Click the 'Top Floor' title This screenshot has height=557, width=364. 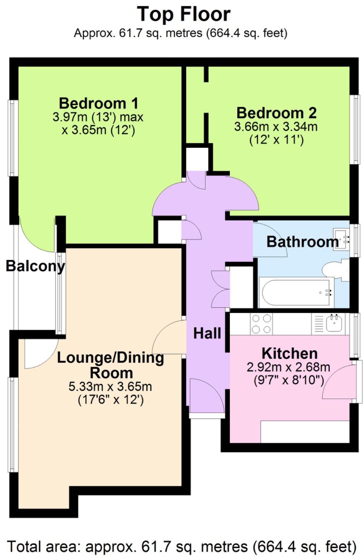point(184,15)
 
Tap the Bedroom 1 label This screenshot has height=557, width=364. point(98,104)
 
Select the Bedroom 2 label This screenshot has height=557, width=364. point(276,113)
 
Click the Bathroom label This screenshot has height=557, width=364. point(302,242)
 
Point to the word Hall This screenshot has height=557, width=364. point(207,333)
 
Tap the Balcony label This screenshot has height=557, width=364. point(35,266)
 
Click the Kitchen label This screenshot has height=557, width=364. point(289,353)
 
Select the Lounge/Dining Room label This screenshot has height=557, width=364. point(111,365)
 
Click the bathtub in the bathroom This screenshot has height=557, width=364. point(296,292)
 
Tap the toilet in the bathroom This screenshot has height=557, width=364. point(336,270)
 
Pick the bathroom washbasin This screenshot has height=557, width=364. point(342,239)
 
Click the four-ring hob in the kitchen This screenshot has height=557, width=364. point(262,324)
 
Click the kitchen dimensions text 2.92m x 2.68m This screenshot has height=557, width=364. point(288,368)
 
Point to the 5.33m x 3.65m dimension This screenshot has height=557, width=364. point(110,386)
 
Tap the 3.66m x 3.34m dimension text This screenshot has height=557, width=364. point(276,127)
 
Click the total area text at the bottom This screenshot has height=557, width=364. point(182,546)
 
